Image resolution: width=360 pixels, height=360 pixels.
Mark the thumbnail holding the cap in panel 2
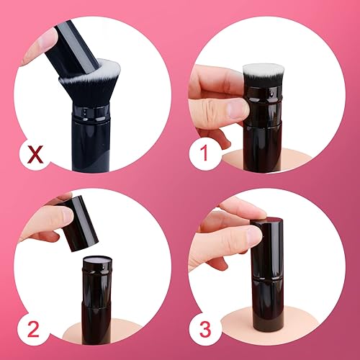click(x=66, y=214)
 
